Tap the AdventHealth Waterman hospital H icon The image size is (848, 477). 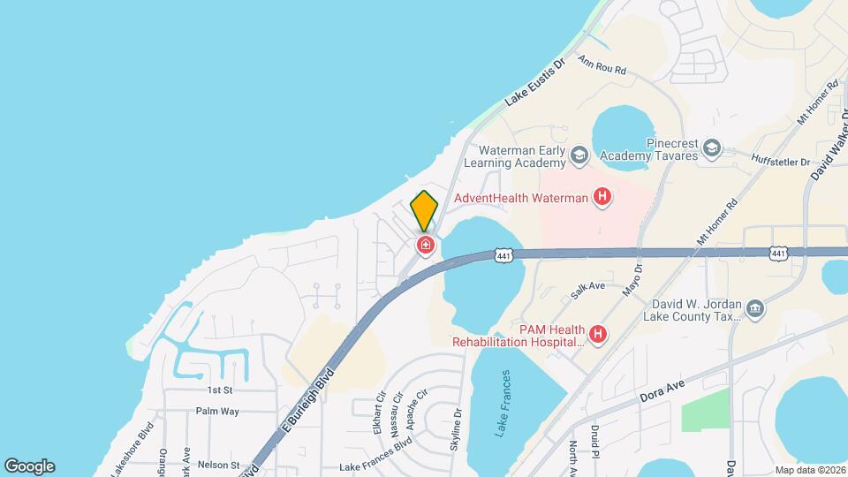602,197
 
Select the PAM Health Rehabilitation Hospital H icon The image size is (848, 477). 598,334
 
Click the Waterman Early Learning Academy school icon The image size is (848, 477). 579,156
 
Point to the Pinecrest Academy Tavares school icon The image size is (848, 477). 713,149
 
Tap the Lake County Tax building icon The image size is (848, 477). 755,307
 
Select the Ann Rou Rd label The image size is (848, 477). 602,66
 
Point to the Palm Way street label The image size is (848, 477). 217,411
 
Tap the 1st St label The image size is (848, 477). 219,390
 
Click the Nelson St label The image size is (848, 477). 218,465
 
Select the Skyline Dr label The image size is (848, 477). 457,429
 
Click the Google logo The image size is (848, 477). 29,466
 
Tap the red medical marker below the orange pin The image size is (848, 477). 425,245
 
